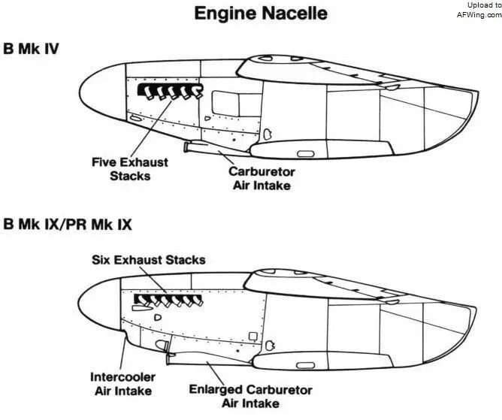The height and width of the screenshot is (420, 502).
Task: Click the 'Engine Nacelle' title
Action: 261,14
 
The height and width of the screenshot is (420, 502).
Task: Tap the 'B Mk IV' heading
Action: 31,49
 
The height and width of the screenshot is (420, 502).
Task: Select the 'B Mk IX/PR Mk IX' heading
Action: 68,224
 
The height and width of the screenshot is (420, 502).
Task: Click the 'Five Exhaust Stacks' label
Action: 130,169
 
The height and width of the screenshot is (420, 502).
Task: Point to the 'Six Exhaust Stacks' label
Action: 149,260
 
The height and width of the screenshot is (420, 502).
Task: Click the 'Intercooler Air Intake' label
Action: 123,384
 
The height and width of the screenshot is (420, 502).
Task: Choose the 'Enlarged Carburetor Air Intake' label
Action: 250,396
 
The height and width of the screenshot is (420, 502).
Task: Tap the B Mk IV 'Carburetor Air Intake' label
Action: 262,178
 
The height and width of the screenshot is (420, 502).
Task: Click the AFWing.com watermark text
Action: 479,15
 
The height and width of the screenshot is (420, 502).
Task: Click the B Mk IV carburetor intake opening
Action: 186,147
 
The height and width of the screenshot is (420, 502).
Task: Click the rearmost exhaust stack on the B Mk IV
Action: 198,91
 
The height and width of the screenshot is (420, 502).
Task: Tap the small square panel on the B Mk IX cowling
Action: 253,336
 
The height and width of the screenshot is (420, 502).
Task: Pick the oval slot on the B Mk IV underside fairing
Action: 306,154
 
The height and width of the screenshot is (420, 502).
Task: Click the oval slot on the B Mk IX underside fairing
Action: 306,366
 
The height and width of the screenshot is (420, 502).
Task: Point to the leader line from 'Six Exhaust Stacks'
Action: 153,279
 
